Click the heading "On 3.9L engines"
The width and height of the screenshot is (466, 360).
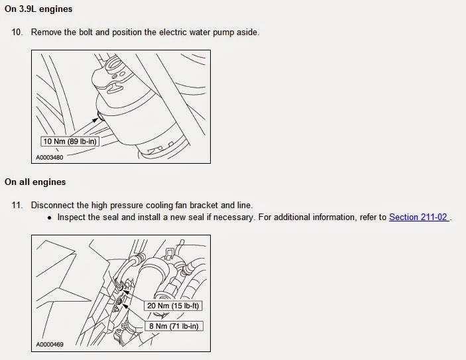pos(38,9)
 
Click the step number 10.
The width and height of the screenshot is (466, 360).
pos(17,32)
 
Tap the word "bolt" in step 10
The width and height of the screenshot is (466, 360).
pos(86,32)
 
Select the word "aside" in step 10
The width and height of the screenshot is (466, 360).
pos(247,32)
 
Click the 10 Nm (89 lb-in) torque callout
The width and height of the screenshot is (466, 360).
pos(70,141)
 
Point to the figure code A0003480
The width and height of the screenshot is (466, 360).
pos(50,158)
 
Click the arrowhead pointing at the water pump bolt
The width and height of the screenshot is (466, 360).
pos(95,120)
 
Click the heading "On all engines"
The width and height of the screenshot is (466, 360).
pos(35,182)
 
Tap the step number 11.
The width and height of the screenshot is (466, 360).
pos(17,205)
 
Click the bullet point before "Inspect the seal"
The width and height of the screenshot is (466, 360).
pos(49,218)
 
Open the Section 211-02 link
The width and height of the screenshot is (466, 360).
pos(418,217)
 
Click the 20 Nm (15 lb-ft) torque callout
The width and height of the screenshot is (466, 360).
pos(173,306)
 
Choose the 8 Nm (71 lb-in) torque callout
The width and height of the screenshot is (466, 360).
pos(174,326)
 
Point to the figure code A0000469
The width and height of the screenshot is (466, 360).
pos(50,345)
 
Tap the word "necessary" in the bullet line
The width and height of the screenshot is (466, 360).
pos(233,217)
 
